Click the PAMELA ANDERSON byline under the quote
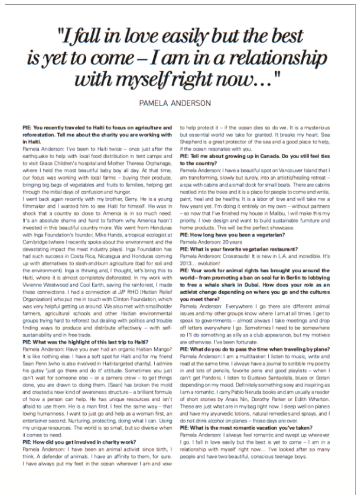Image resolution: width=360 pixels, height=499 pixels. tap(175, 103)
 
